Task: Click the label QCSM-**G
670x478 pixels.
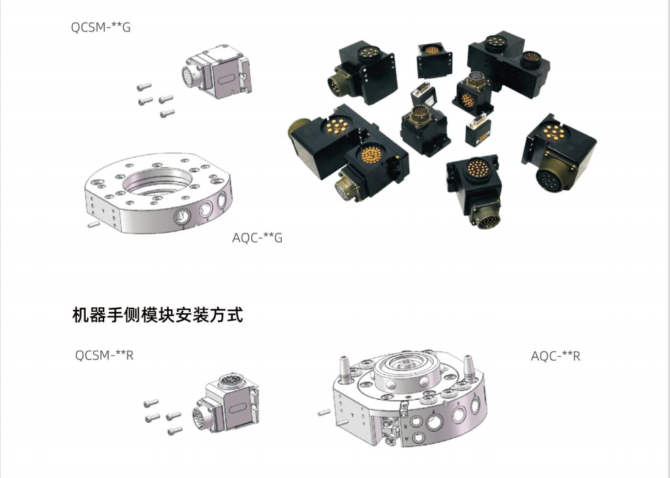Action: click(100, 27)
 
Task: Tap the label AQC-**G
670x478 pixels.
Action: click(257, 238)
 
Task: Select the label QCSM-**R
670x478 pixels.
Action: click(104, 355)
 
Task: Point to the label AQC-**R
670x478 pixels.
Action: click(556, 356)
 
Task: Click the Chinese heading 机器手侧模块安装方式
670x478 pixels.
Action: click(158, 315)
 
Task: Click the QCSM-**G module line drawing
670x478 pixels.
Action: click(217, 71)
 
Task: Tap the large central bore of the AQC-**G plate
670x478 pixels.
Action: click(157, 182)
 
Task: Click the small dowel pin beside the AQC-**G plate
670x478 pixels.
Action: click(93, 224)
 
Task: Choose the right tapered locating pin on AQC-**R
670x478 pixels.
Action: click(468, 368)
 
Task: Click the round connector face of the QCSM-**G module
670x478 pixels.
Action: click(187, 77)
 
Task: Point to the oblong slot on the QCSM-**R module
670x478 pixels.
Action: click(237, 409)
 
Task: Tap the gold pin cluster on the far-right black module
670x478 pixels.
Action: click(554, 132)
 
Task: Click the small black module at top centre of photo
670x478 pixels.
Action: click(434, 60)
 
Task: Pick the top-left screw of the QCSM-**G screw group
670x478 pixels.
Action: click(144, 86)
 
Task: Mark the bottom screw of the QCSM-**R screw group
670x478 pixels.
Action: click(175, 431)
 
